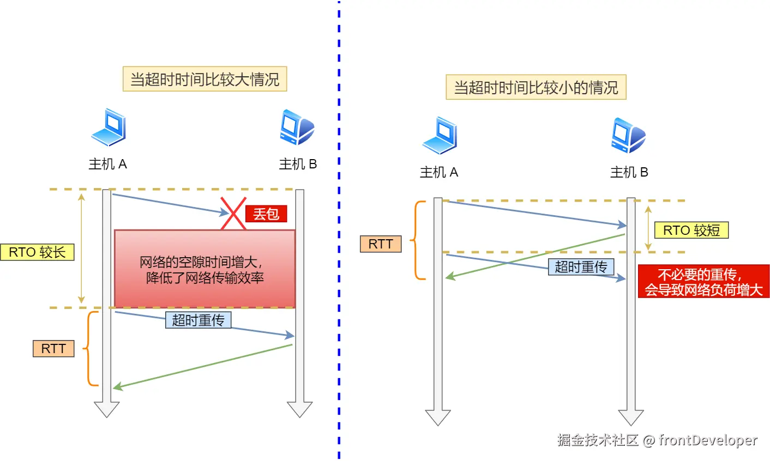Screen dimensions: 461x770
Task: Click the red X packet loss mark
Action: tap(233, 214)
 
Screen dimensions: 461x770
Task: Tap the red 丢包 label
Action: tap(266, 214)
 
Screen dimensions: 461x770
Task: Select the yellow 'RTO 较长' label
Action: tap(37, 252)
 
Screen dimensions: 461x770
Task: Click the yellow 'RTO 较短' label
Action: tap(691, 230)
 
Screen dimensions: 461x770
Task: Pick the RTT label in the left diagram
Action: tap(53, 349)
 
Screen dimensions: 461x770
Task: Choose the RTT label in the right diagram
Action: tap(381, 244)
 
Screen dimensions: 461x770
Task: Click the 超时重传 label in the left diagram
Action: tap(198, 320)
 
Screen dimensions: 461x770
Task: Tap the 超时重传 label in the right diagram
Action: tap(581, 267)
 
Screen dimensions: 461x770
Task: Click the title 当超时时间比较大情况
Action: tap(204, 80)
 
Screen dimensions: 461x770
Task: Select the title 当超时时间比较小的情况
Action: tap(536, 88)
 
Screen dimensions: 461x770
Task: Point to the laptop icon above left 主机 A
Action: tap(109, 128)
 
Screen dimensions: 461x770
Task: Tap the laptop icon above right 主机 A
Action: tap(440, 136)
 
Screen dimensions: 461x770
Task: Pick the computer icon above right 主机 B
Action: tap(628, 135)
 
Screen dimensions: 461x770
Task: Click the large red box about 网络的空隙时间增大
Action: tap(204, 269)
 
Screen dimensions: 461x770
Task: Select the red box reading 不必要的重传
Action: tap(703, 282)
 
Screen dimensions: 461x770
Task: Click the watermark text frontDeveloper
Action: tap(708, 440)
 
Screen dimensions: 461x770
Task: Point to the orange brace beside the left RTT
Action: tap(91, 348)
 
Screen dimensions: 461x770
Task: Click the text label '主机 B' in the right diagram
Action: tap(629, 173)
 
